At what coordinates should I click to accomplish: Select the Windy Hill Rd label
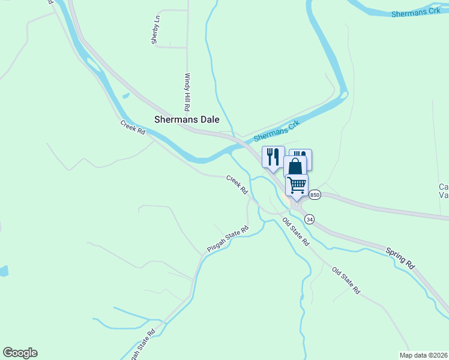click(x=187, y=92)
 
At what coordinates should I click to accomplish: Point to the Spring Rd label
click(x=400, y=257)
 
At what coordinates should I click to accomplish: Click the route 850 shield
click(x=315, y=195)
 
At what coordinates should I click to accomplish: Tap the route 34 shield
click(x=309, y=220)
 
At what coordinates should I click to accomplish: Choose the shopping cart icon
click(x=297, y=185)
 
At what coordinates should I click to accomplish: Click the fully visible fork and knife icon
click(x=273, y=157)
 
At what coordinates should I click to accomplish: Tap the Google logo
click(x=20, y=353)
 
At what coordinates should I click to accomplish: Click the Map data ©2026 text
click(x=423, y=355)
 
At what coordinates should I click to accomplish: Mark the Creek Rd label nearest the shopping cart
click(x=237, y=184)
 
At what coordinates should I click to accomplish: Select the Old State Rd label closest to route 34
click(x=295, y=232)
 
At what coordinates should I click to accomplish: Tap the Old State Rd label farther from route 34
click(x=346, y=280)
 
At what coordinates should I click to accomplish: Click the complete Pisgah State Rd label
click(x=228, y=239)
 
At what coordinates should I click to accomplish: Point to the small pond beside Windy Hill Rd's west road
click(x=125, y=95)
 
